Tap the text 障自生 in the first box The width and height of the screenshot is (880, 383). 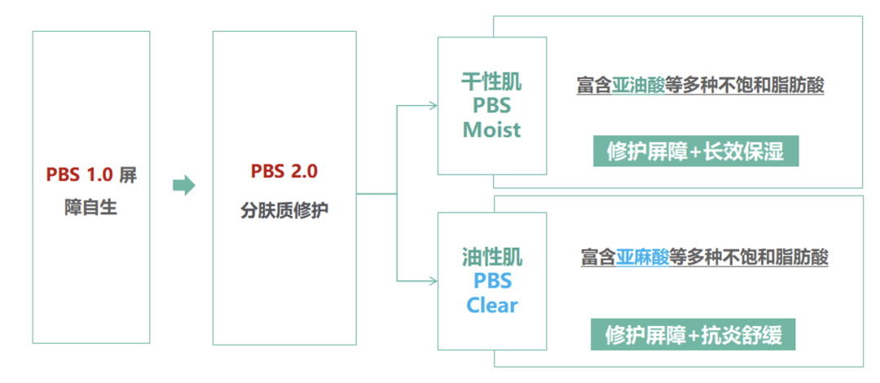coord(91,208)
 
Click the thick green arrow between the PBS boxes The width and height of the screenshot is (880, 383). coord(184,185)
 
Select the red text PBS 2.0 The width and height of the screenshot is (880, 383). coord(284,172)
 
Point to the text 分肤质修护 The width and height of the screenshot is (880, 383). coord(284,209)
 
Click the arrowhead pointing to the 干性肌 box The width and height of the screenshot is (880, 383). coord(433,105)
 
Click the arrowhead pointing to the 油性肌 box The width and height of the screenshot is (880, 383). coord(433,281)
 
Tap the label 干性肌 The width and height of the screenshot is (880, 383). coord(491,82)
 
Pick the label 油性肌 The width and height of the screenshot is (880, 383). coord(491,258)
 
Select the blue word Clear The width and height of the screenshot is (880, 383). coord(492,306)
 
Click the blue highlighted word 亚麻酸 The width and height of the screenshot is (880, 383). coord(642,258)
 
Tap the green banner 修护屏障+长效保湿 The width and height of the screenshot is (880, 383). coord(695,152)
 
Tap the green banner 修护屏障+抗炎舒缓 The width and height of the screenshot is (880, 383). coord(693,334)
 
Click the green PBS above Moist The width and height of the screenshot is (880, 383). coord(491,106)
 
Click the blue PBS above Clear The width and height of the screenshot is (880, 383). coord(492,281)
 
